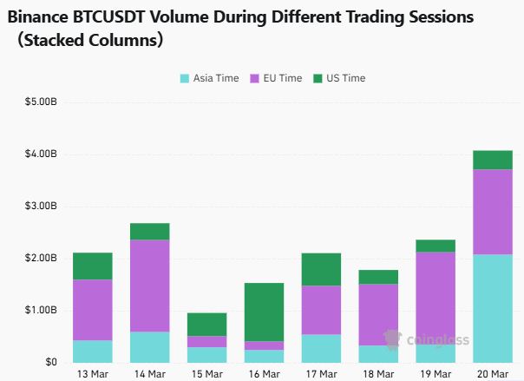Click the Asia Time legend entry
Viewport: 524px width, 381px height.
(x=209, y=78)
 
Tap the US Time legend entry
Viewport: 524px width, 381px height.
(x=339, y=78)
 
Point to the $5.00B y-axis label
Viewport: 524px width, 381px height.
(x=41, y=102)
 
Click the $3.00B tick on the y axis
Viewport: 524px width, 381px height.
(x=41, y=207)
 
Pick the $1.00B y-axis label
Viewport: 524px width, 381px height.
(x=41, y=311)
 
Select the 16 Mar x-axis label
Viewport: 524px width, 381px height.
(x=264, y=373)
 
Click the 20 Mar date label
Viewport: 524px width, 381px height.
(x=492, y=373)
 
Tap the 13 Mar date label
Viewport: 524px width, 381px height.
(x=93, y=373)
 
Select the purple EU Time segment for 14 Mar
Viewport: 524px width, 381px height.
(x=150, y=286)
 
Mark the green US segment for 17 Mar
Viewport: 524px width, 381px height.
(x=321, y=269)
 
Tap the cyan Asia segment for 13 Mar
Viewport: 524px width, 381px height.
(x=93, y=351)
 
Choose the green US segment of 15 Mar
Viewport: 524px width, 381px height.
(x=206, y=324)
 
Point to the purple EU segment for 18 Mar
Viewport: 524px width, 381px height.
(x=378, y=314)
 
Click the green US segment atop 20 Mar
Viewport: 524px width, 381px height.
(x=492, y=160)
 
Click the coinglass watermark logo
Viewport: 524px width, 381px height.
(x=392, y=338)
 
